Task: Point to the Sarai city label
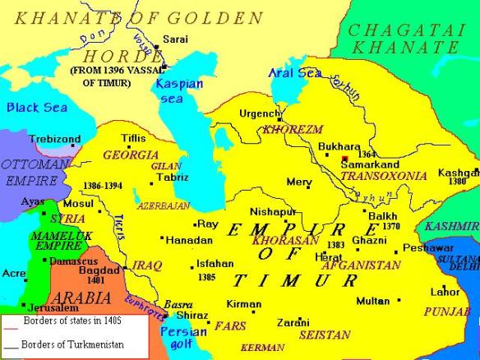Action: coord(175,39)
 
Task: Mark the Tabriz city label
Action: coord(173,178)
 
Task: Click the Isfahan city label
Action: coord(215,264)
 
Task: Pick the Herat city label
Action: coord(329,256)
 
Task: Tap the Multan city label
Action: coord(373,301)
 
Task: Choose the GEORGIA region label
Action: coord(131,155)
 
